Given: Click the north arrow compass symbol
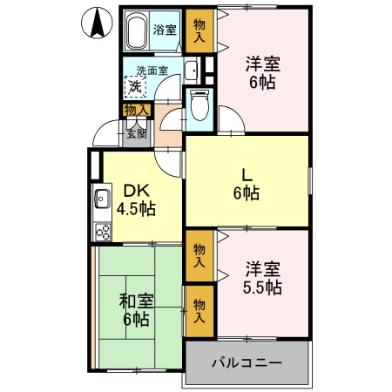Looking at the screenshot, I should click(98, 23).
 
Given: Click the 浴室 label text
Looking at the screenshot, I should click(165, 29).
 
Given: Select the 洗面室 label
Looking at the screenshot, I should click(152, 71).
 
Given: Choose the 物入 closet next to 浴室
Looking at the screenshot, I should click(199, 30).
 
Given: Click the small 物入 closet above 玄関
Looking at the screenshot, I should click(136, 110).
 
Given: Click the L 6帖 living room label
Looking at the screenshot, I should click(247, 182).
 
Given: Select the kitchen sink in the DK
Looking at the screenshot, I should click(100, 198).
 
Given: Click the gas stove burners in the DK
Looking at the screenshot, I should click(102, 232).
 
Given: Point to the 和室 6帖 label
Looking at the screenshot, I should click(136, 311).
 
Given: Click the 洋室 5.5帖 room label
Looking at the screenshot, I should click(261, 277).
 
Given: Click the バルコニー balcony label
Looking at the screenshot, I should click(247, 362).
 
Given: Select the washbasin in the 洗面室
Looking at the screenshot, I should click(193, 72).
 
